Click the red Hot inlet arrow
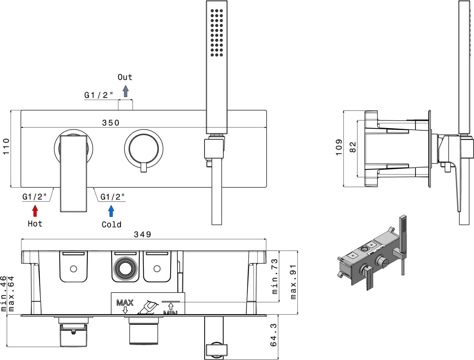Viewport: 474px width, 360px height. pos(35,211)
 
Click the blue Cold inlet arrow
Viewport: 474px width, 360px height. pos(111,211)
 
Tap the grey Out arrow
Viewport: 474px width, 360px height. pos(126,91)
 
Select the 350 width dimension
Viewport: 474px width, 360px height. pos(111,123)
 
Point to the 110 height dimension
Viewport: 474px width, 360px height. pos(6,147)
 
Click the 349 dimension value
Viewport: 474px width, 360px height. pos(142,234)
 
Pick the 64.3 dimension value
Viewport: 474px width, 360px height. pos(273,335)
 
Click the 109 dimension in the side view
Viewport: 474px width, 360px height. pos(339,147)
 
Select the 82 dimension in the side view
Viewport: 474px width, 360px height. pos(352,147)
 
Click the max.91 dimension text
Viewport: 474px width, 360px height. pos(293,282)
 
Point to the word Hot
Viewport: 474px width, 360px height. pos(35,224)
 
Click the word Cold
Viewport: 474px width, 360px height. pos(111,225)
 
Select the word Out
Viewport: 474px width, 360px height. pos(125,77)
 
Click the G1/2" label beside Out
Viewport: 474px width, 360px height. pos(99,95)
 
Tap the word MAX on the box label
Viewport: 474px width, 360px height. pos(125,303)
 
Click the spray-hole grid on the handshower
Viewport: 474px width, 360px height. pos(217,33)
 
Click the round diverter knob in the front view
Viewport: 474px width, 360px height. pos(144,149)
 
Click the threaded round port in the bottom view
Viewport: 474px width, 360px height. pos(125,269)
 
